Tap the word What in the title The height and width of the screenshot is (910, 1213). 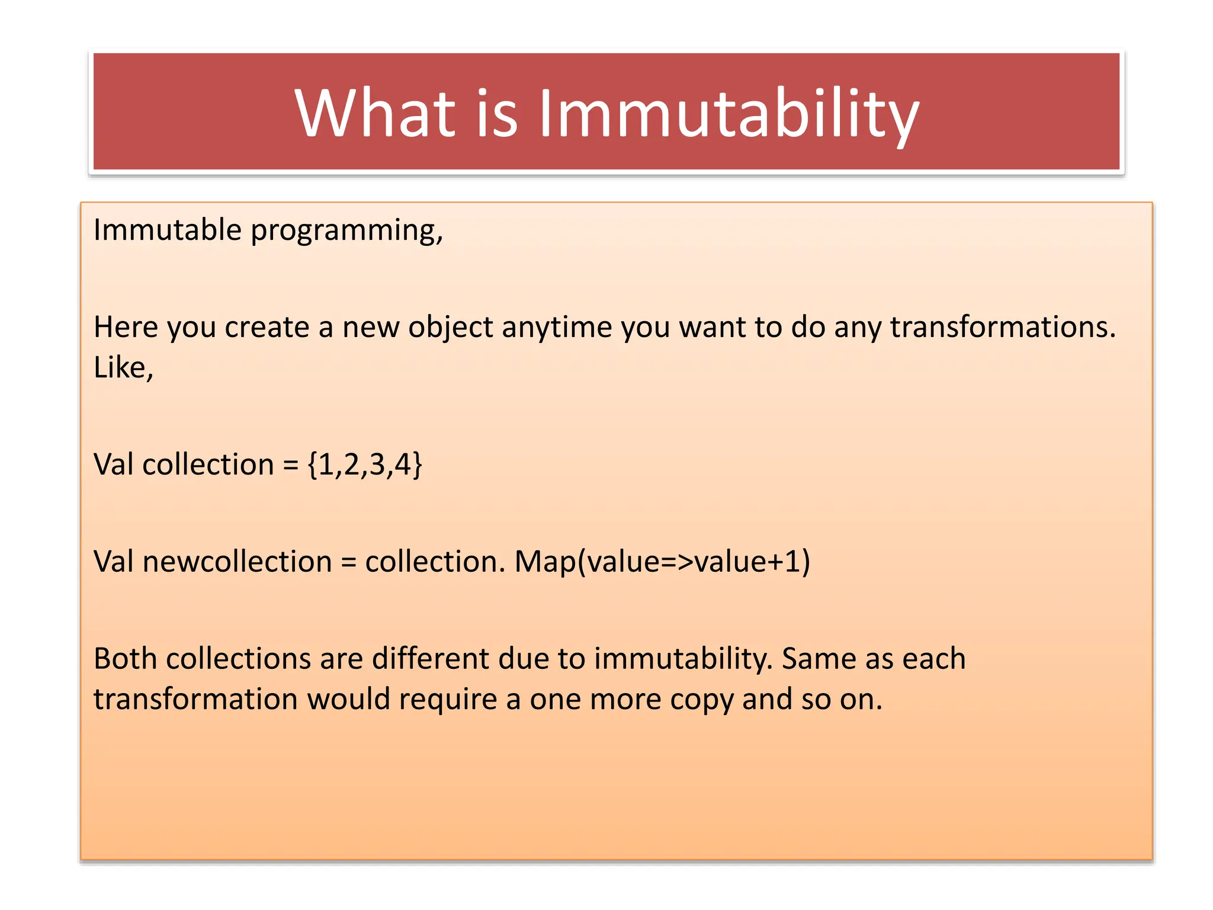point(375,114)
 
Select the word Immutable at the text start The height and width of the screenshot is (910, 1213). point(167,230)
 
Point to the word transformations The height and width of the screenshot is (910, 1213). point(1003,327)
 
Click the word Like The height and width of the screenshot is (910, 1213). point(123,367)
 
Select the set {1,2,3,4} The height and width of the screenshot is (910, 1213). point(365,464)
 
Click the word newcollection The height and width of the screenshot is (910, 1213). point(237,562)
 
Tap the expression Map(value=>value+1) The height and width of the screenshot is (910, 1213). point(662,562)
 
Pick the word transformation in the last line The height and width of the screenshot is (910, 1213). point(195,699)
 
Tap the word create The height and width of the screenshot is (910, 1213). point(267,327)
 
